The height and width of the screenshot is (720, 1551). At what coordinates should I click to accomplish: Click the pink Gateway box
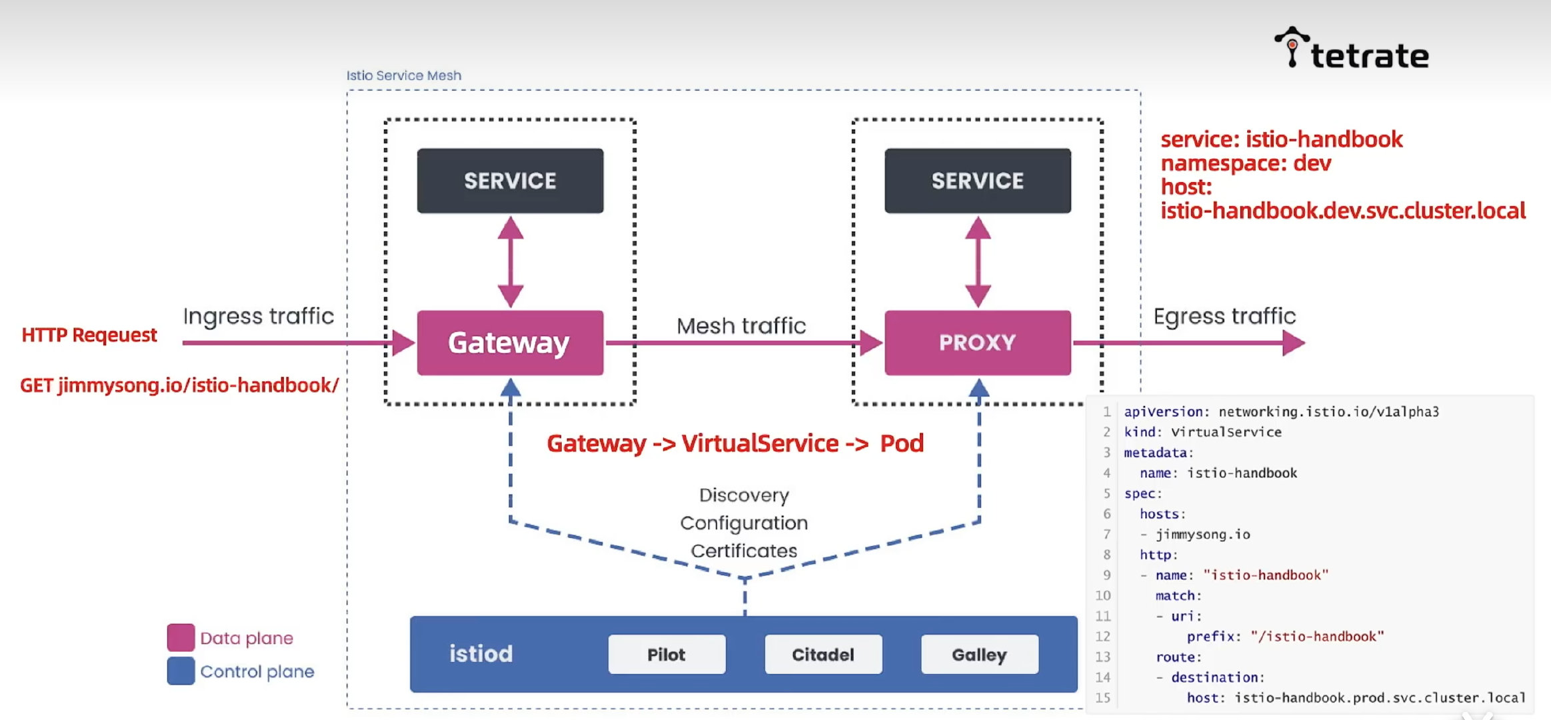pos(510,343)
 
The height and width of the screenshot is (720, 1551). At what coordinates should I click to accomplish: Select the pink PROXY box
pos(977,343)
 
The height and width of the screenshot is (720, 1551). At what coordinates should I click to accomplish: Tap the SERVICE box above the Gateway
pos(510,181)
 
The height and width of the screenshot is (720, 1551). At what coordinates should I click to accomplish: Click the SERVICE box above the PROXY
pos(977,181)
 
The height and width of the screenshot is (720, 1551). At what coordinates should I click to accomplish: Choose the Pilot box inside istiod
pos(667,655)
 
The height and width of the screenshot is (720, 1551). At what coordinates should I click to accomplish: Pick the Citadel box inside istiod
pos(823,655)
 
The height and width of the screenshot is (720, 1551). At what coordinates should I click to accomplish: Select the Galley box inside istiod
pos(979,655)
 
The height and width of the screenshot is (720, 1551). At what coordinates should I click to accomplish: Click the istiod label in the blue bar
pos(481,654)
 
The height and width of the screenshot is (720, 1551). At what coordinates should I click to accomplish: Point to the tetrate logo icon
pos(1292,47)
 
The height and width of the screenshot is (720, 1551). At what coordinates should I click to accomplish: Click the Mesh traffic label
pos(741,326)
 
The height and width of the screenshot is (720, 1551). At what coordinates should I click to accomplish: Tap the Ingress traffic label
pos(258,316)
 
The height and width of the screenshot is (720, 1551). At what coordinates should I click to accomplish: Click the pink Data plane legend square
pos(181,637)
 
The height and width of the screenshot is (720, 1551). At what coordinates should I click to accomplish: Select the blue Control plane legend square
pos(181,671)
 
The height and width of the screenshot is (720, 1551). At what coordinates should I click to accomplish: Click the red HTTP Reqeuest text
pos(89,335)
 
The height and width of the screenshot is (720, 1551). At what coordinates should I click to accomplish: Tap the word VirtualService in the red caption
pos(760,444)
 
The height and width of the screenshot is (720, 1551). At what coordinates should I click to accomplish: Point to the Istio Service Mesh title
pos(403,75)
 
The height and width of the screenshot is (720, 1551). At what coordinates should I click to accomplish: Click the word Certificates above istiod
pos(744,551)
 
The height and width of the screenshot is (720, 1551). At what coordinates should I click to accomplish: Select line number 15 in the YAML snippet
pos(1103,698)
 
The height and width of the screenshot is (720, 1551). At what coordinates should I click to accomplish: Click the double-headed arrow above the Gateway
pos(511,261)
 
